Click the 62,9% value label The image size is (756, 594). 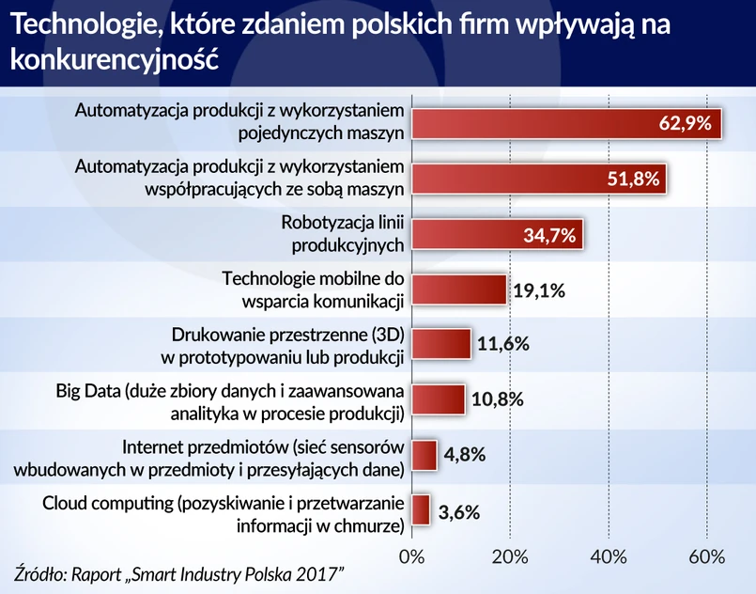(687, 122)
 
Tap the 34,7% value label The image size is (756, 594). (548, 234)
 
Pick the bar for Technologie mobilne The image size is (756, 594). (458, 289)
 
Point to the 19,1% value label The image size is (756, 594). (539, 290)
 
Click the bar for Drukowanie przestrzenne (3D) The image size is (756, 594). (440, 344)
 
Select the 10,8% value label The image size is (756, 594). (498, 399)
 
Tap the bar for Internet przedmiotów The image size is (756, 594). (424, 455)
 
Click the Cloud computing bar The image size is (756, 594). (421, 510)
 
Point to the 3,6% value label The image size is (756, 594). (461, 511)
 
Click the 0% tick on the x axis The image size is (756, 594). (411, 556)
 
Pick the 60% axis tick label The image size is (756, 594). (705, 556)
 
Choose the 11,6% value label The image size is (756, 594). (502, 344)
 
